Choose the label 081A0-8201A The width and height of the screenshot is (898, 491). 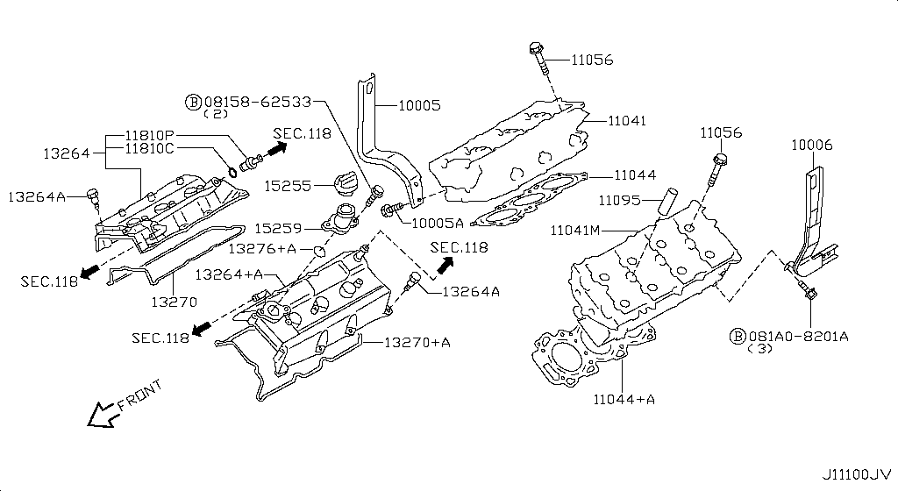(x=798, y=337)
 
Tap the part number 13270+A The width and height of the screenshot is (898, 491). (x=417, y=342)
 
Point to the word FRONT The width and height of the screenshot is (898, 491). (x=139, y=397)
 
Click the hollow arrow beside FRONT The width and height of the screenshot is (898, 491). (x=102, y=412)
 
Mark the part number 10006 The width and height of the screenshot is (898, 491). (x=811, y=145)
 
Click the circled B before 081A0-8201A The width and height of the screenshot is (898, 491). (x=738, y=337)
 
